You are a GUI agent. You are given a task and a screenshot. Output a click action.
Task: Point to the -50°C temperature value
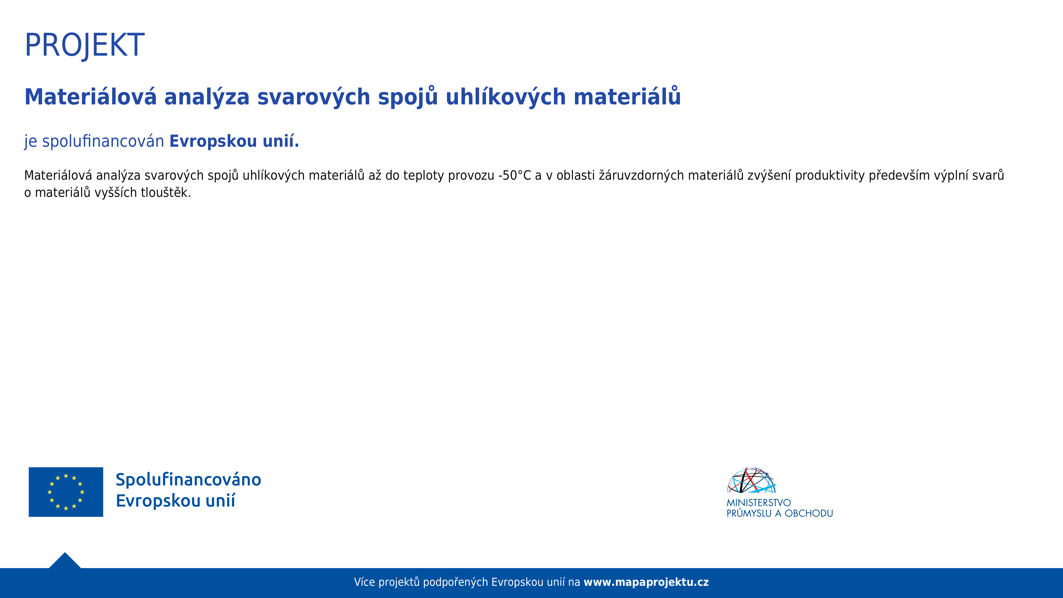[515, 176]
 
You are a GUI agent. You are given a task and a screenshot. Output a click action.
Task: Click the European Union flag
[66, 492]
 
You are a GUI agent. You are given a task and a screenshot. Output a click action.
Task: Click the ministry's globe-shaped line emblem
[752, 480]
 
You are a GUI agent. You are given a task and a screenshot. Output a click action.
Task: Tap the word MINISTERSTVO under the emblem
[758, 503]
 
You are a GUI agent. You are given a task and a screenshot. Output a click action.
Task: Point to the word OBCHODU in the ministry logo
[809, 513]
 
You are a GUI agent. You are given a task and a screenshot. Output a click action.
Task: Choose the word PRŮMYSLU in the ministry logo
[749, 513]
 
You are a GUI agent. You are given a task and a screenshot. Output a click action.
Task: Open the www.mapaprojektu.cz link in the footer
[646, 582]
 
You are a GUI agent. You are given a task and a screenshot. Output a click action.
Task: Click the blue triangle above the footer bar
[65, 561]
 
